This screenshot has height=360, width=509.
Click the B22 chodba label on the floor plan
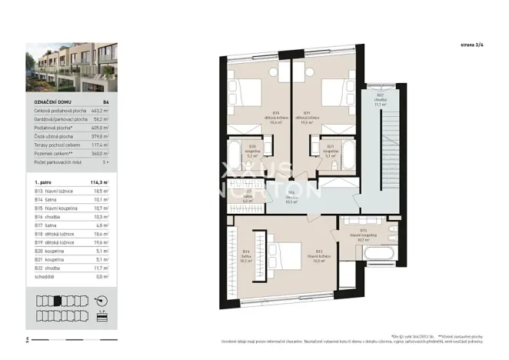(x=380, y=99)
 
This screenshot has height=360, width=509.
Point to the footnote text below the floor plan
(x=384, y=340)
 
